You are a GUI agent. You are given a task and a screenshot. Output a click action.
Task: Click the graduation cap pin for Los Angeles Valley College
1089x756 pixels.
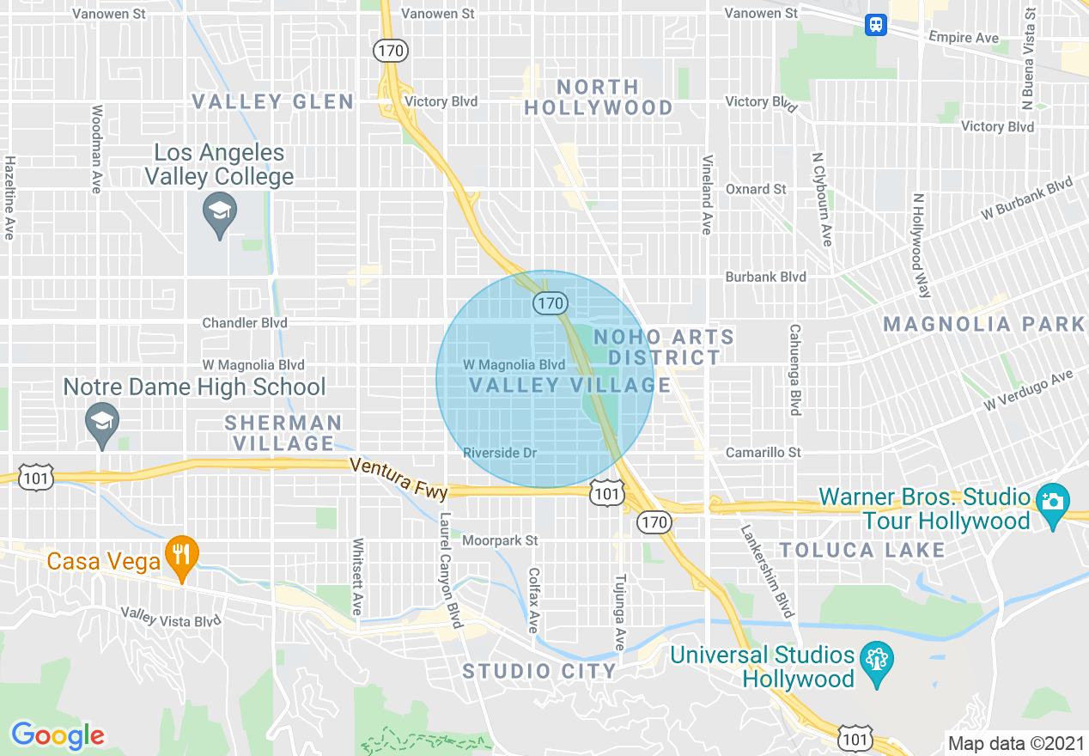220,211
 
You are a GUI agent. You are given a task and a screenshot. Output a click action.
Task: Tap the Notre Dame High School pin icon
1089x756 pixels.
102,422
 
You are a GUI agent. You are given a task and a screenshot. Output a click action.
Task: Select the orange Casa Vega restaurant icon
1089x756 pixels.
180,553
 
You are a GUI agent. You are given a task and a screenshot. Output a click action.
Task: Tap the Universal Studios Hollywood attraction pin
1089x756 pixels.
876,661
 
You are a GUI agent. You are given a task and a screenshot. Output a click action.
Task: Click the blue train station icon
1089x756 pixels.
876,24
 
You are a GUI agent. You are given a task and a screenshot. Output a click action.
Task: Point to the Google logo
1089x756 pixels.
58,735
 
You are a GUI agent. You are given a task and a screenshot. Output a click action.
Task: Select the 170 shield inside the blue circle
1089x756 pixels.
550,302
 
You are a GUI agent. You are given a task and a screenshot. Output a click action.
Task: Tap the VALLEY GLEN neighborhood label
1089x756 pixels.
272,102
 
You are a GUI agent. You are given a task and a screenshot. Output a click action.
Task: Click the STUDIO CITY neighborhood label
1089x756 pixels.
539,671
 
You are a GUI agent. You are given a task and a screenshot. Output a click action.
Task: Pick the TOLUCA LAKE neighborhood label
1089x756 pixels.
862,550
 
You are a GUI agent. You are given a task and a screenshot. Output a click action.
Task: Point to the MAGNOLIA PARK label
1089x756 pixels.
984,324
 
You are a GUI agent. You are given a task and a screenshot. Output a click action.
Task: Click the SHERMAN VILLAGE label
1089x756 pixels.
283,433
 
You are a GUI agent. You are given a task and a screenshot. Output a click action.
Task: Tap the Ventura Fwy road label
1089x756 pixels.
399,477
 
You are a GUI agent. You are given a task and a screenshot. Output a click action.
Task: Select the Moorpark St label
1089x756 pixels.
500,541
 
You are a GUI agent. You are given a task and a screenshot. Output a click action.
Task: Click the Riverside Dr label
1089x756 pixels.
499,453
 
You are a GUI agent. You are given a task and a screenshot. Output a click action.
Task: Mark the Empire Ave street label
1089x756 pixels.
964,38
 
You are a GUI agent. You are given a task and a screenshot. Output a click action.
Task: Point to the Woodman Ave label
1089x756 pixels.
96,149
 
